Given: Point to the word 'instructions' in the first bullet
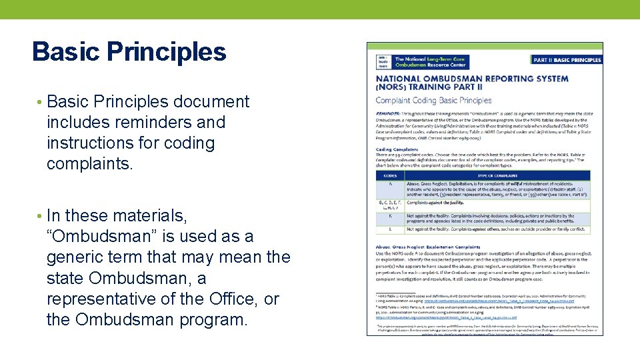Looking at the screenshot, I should coord(88,143).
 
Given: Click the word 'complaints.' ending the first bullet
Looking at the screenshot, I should coord(90,164).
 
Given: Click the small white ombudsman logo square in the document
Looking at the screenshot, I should coord(382,61).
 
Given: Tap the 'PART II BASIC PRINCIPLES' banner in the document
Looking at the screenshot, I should coord(567,59).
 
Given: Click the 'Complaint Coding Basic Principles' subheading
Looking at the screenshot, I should coord(433,101).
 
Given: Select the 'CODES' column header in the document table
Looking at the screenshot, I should coord(389,175).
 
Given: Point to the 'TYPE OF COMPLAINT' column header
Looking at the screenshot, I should coord(497,175).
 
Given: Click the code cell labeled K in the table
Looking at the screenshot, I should coord(389,217).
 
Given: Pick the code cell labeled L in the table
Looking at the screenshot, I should coord(389,229).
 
